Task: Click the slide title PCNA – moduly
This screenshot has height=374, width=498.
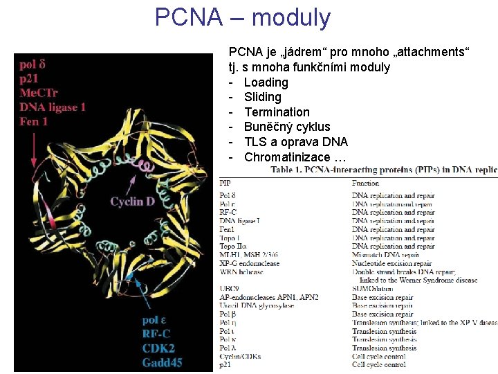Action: tap(243, 17)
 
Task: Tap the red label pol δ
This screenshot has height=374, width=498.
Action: tap(33, 65)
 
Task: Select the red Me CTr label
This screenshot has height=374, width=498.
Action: tap(39, 93)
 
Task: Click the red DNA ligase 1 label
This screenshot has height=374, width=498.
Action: tap(53, 107)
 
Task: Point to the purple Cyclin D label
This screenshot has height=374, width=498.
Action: tap(132, 202)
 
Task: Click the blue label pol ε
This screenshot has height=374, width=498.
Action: tap(158, 320)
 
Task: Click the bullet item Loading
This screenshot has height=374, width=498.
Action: tap(266, 82)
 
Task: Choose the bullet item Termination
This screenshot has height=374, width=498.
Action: tap(277, 112)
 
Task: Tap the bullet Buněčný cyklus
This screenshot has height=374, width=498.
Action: tap(287, 127)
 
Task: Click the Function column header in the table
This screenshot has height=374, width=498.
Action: tap(365, 183)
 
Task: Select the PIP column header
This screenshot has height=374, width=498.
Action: tap(225, 183)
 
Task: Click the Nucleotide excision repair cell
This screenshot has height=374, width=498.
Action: tap(391, 263)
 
